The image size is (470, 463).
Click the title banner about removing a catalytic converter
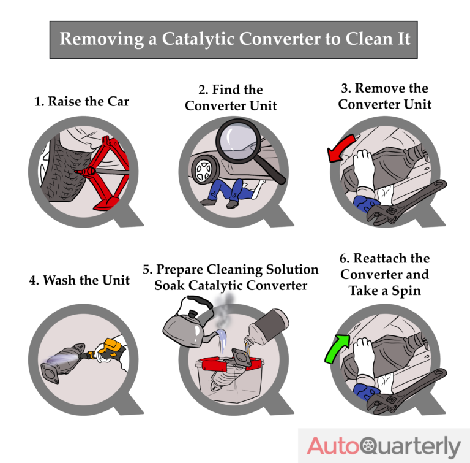click(x=235, y=39)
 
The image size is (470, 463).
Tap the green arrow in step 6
click(x=337, y=350)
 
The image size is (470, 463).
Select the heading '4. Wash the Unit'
click(x=79, y=280)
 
